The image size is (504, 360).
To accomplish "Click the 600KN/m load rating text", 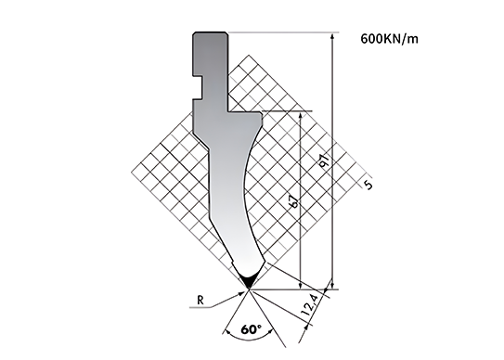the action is click(x=390, y=39).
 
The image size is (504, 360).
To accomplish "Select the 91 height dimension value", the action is click(x=324, y=161).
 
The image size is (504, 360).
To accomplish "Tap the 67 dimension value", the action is click(x=295, y=201).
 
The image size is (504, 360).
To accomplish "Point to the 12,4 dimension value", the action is click(x=311, y=305).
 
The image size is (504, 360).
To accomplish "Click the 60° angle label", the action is click(x=251, y=329).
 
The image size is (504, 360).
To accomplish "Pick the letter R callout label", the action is click(x=200, y=301).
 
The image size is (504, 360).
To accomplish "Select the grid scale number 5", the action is click(x=368, y=186).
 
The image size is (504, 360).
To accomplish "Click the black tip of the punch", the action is click(x=249, y=282).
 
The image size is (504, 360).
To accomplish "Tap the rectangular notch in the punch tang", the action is click(x=198, y=88).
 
